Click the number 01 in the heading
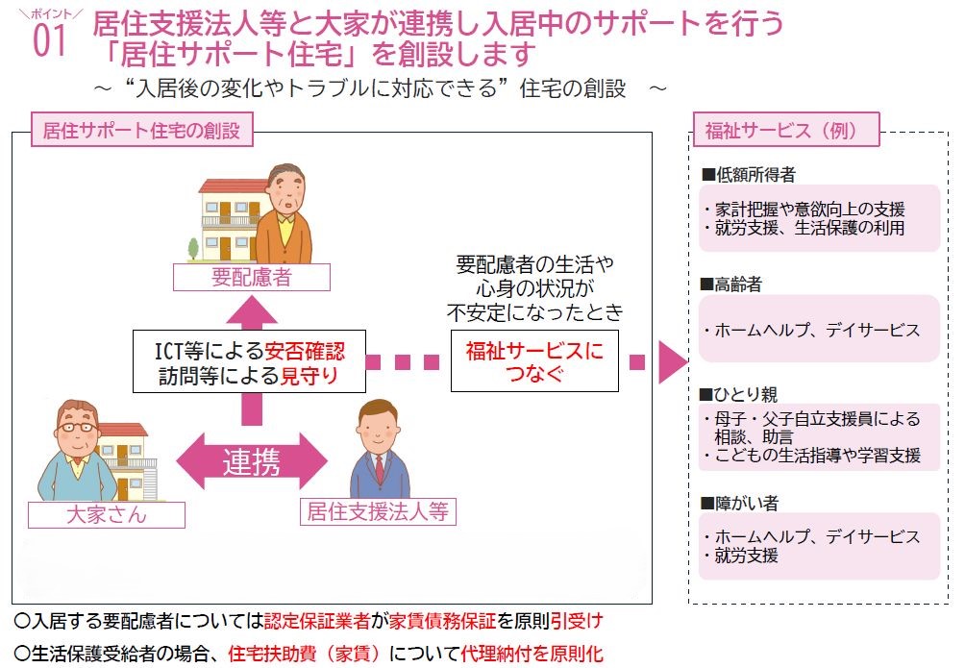[50, 41]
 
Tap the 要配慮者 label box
[252, 278]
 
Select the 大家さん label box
[107, 513]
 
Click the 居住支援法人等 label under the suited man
[378, 511]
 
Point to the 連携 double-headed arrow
[253, 462]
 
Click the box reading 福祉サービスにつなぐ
[534, 362]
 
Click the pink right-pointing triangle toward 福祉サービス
[673, 362]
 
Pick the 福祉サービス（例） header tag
[786, 131]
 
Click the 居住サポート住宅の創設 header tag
[141, 131]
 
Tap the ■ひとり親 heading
[739, 395]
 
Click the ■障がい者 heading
[739, 504]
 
